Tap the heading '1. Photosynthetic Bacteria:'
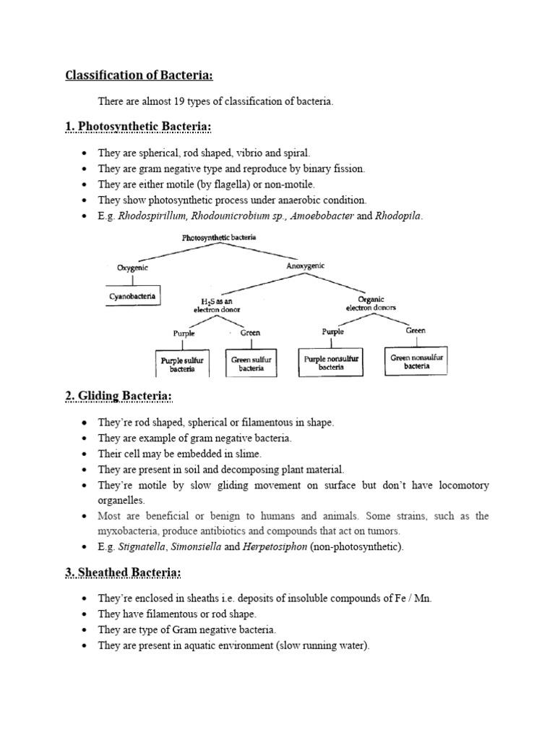pyautogui.click(x=139, y=128)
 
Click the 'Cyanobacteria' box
pyautogui.click(x=132, y=296)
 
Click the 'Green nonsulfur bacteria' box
pyautogui.click(x=416, y=361)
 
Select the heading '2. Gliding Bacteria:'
pyautogui.click(x=119, y=396)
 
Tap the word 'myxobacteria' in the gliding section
pyautogui.click(x=129, y=530)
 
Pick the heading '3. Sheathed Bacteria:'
pyautogui.click(x=123, y=573)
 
